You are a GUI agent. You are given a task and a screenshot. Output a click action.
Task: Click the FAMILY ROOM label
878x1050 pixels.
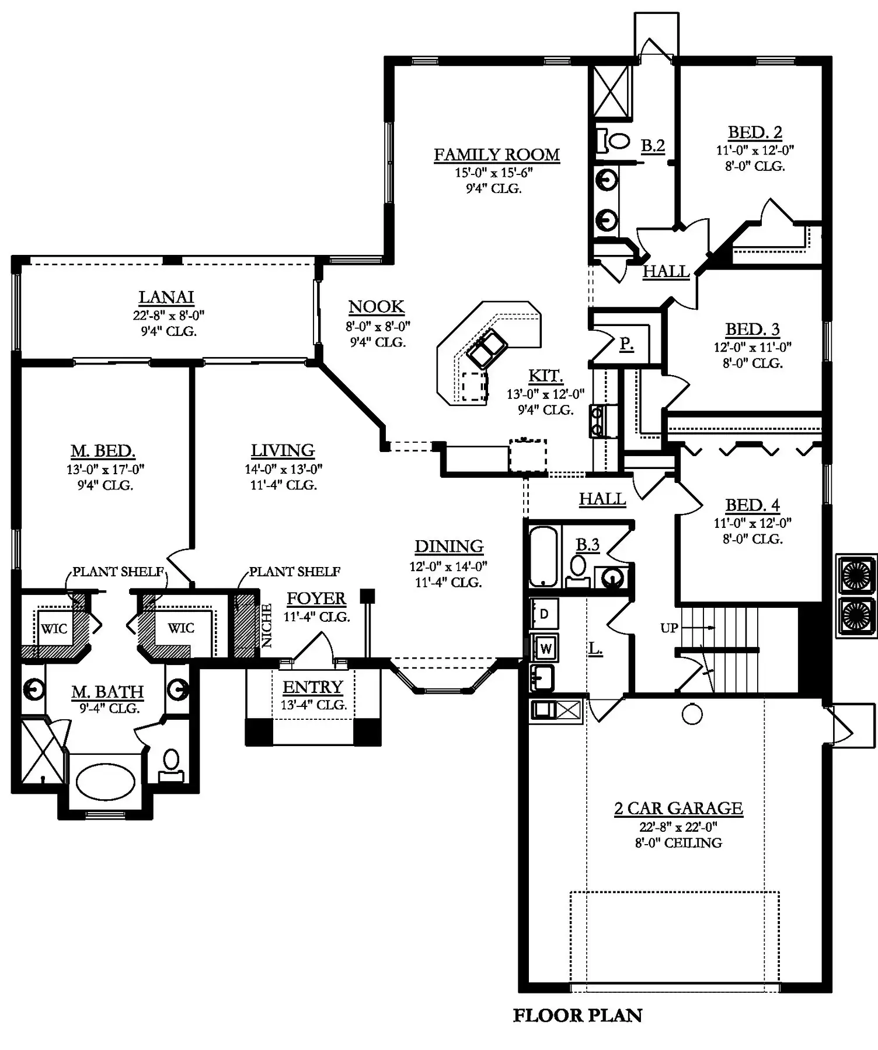497,155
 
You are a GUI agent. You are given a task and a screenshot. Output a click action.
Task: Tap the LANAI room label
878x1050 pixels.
166,297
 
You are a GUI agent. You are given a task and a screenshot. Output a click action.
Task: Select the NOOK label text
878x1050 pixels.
377,307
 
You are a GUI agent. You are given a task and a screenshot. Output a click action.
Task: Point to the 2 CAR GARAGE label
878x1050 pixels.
678,808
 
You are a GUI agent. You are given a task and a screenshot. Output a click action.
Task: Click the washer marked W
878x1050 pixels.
545,647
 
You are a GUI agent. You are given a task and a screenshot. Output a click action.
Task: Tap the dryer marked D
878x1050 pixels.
544,613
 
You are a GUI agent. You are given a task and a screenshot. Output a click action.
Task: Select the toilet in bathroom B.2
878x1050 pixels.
613,141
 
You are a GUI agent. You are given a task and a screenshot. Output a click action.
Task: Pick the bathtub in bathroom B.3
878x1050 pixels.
543,556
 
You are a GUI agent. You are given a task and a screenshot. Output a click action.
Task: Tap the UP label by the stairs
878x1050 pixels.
669,628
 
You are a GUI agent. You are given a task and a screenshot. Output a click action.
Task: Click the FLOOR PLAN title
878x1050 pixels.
577,1016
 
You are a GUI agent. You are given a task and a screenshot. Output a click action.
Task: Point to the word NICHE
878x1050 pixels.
267,625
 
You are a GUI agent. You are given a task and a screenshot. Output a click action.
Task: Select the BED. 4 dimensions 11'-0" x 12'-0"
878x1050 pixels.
752,523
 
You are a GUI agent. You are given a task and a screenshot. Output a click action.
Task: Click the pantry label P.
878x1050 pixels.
626,344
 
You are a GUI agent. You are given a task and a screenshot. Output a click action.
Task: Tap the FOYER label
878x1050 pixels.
316,598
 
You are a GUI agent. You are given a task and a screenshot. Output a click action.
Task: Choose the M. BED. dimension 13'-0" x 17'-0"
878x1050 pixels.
105,469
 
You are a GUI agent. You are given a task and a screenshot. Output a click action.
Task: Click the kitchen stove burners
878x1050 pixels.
597,421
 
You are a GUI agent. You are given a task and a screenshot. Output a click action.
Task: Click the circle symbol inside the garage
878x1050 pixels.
692,714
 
